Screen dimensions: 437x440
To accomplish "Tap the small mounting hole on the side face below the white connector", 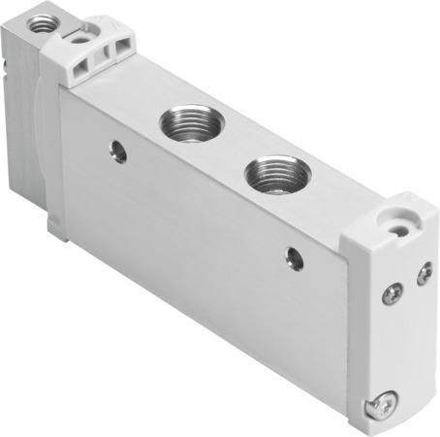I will pos(117,151).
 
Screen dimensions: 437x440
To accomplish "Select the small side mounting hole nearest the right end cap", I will pos(294,257).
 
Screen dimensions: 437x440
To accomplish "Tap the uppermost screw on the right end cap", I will pos(424,275).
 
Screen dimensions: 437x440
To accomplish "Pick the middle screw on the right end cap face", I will pos(393,292).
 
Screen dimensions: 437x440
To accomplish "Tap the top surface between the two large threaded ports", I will pos(229,146).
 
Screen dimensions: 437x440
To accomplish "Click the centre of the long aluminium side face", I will pos(204,243).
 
